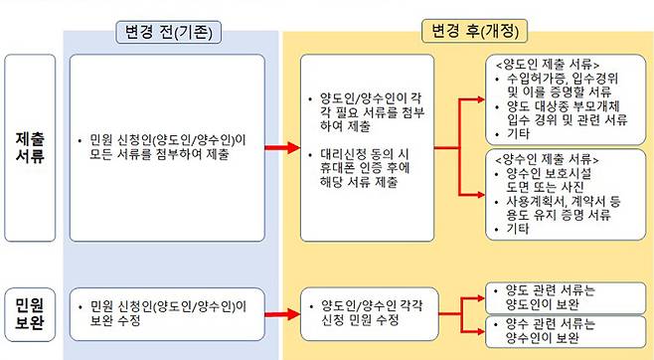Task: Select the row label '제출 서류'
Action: click(29, 147)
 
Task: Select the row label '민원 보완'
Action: click(29, 308)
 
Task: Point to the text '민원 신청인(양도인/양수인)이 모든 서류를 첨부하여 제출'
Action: click(164, 148)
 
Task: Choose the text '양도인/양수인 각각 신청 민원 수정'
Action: click(369, 312)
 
